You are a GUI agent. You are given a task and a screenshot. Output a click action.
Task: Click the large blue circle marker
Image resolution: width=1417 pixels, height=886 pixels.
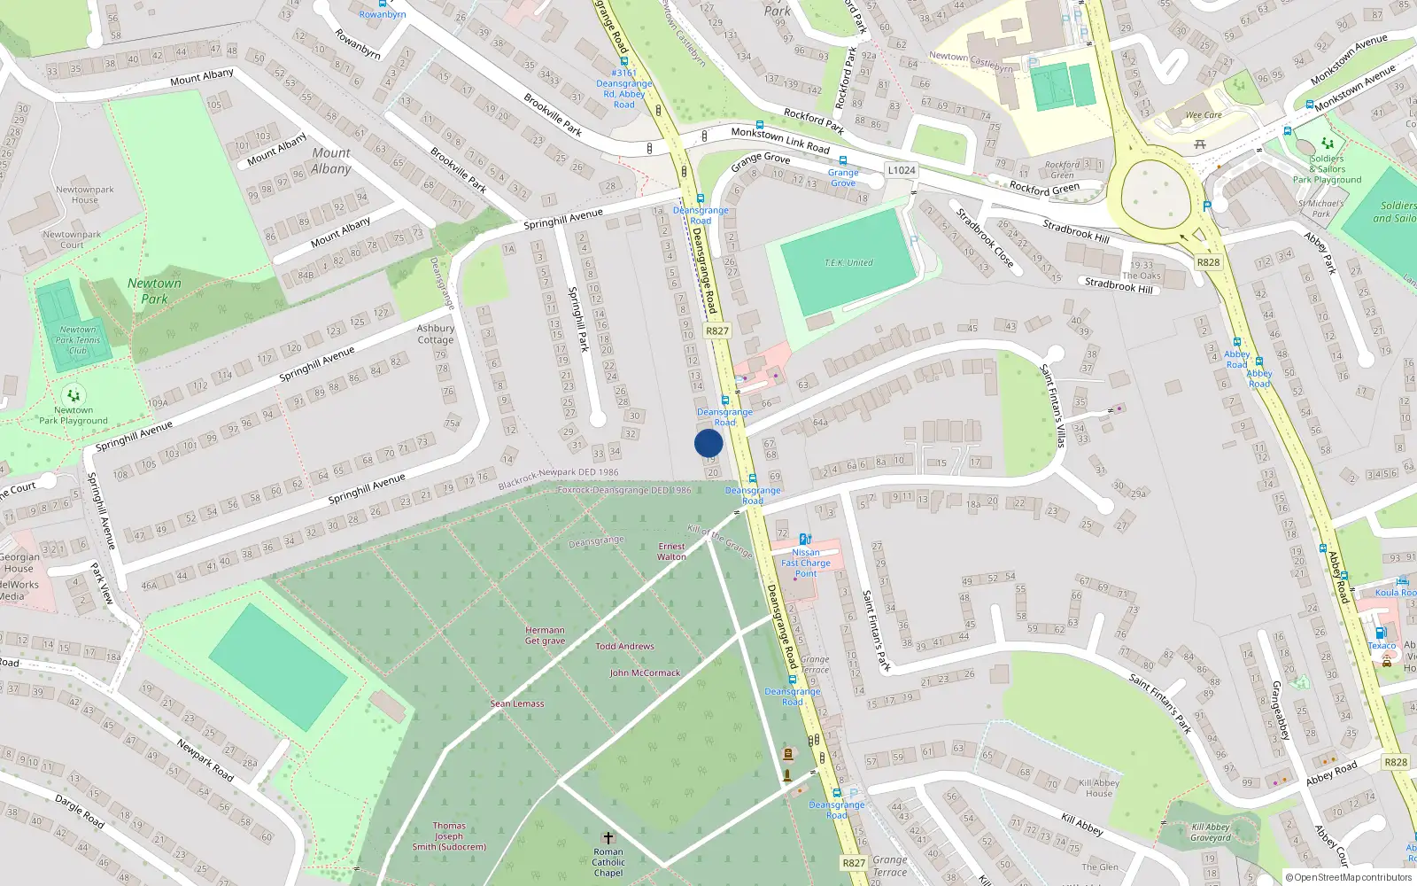coord(708,443)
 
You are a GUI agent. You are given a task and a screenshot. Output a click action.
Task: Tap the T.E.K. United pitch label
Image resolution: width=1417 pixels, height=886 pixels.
coord(848,263)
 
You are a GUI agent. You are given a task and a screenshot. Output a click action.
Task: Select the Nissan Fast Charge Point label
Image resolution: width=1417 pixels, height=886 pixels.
coord(806,563)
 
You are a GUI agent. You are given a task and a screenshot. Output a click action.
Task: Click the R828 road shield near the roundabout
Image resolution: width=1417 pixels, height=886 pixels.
coord(1208,262)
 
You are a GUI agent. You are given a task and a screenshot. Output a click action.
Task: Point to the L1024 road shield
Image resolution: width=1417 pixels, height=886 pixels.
coord(902,170)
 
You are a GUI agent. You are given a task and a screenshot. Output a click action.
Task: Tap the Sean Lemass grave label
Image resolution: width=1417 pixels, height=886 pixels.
coord(517,703)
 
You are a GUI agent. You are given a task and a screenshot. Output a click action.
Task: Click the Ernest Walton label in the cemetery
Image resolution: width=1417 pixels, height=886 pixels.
coord(671,551)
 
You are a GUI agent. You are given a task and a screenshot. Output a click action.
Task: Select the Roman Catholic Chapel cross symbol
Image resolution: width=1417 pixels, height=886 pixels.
coord(608,837)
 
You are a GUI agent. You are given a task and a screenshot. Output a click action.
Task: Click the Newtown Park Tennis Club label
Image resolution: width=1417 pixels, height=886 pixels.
coord(78,339)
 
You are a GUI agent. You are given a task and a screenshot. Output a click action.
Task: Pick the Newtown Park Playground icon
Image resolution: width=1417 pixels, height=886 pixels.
coord(74,395)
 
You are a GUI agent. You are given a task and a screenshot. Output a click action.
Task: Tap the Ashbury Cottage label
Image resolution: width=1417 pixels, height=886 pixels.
coord(435,334)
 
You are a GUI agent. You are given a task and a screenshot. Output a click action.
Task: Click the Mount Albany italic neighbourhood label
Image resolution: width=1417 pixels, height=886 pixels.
coord(331,160)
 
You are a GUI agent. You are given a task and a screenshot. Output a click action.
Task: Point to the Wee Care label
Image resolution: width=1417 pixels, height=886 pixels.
coord(1204,115)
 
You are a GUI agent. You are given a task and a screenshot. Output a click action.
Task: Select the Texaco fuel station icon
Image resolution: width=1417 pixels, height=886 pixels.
coord(1380,633)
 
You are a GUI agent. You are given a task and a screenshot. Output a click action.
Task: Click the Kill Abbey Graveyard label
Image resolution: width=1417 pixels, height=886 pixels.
coord(1210,832)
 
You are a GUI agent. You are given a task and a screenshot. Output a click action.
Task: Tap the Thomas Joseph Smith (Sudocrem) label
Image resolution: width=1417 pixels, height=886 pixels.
coord(449,835)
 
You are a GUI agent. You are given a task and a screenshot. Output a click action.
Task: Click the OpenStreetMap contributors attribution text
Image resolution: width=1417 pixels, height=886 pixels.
coord(1348,877)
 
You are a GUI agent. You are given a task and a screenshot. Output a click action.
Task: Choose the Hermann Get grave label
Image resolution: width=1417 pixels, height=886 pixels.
coord(545,635)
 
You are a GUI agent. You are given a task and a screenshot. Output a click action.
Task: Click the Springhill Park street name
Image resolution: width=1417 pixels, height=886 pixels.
coord(578,319)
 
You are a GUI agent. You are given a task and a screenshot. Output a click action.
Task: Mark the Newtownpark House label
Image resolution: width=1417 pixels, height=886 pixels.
coord(85,194)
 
